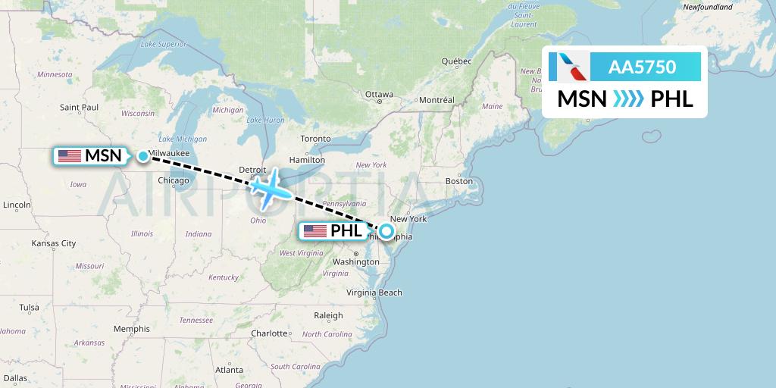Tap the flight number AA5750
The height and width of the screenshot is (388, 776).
click(642, 67)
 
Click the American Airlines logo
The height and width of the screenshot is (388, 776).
click(574, 67)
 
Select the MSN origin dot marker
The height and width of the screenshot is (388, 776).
click(143, 156)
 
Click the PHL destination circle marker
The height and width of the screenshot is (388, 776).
click(386, 231)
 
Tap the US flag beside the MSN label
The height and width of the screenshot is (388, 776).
click(70, 156)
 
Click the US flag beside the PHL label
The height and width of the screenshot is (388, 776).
click(314, 231)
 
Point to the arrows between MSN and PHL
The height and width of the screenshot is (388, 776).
click(628, 99)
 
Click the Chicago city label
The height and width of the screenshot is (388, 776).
click(174, 180)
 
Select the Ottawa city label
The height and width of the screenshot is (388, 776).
click(379, 95)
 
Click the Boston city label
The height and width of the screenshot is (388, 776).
click(459, 181)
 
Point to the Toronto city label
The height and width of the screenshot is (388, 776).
click(315, 139)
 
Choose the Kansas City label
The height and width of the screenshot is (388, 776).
click(53, 243)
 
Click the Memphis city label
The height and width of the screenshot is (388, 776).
click(132, 329)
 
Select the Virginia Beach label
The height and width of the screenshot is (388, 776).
click(374, 293)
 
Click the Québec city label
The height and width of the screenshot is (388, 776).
click(457, 61)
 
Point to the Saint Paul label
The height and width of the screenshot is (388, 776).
click(80, 107)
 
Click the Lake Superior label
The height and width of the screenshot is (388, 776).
click(163, 45)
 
